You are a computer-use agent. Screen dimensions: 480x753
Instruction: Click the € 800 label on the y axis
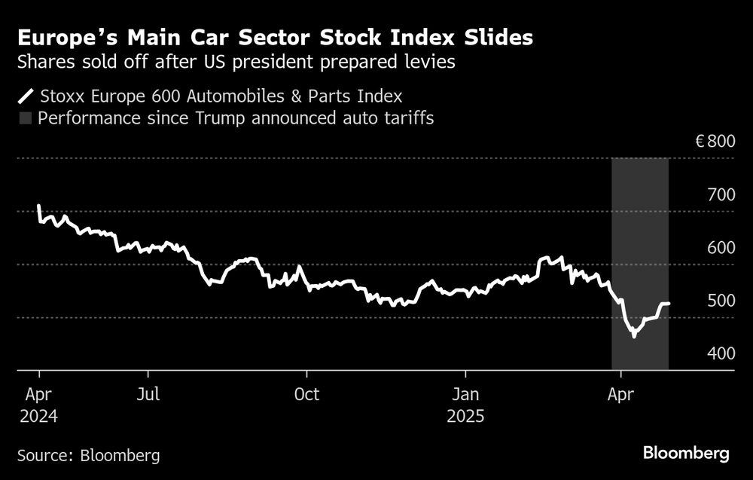tap(713, 141)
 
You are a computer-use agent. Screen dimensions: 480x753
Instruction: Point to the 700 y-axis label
tap(721, 195)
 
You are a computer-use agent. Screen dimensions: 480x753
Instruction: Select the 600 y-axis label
tap(721, 248)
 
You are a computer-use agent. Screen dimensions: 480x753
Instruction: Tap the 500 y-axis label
tap(721, 301)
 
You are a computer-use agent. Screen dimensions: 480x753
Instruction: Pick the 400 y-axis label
tap(721, 353)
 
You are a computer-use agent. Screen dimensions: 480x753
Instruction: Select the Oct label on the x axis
tap(306, 394)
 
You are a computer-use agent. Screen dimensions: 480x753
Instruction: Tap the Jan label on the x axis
tap(465, 394)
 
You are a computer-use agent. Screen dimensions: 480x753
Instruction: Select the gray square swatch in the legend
tap(26, 118)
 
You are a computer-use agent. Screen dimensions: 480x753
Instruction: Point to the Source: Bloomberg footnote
tap(88, 455)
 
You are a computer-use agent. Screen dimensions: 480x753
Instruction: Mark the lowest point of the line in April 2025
tap(634, 336)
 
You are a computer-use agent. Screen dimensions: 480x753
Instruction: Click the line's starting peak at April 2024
tap(39, 206)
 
